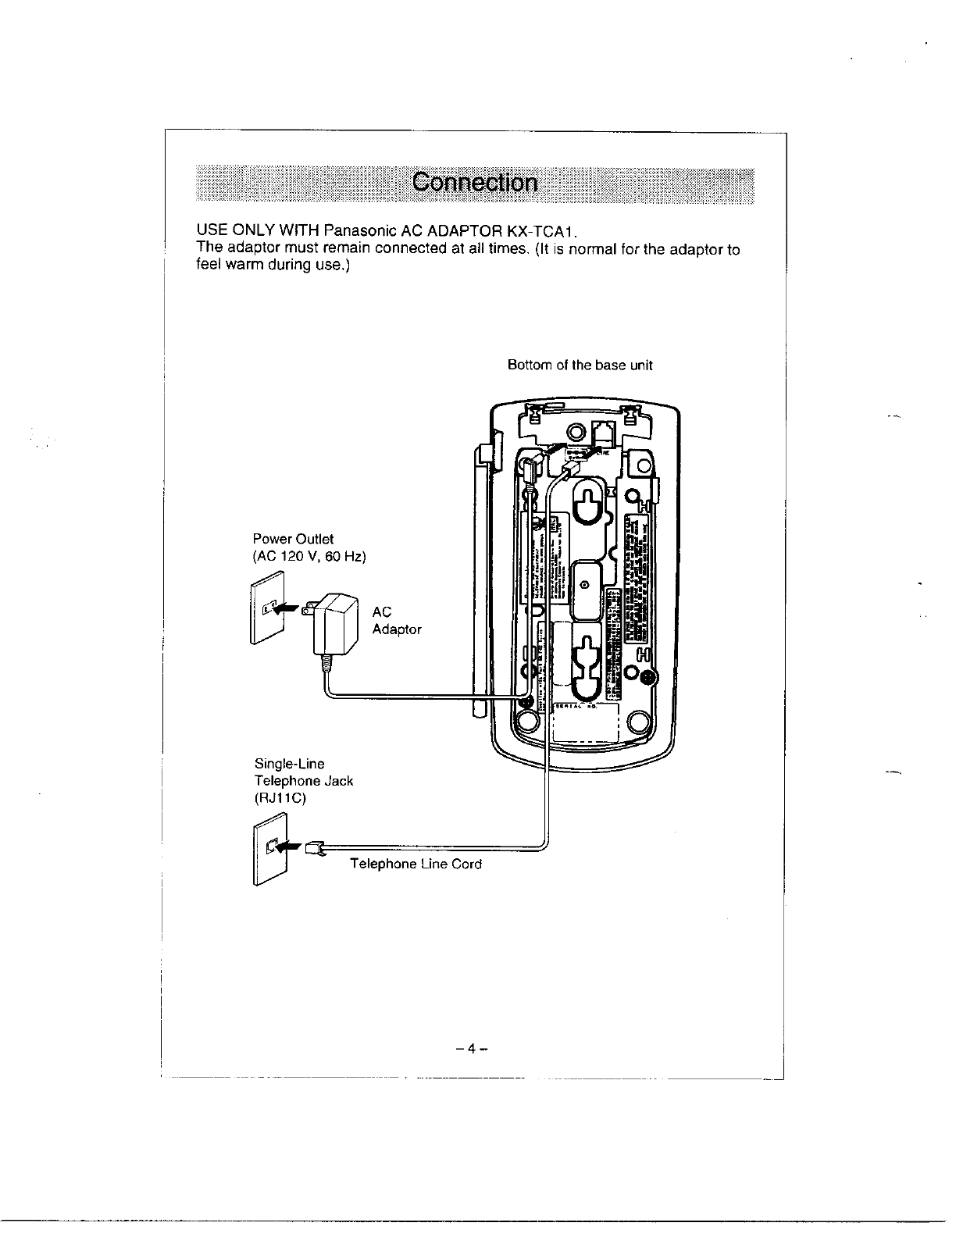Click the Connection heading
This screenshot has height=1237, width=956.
[475, 184]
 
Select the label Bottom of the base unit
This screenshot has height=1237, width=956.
[580, 365]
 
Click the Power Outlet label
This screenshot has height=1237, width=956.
[293, 539]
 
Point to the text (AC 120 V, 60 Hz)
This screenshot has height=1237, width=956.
[309, 557]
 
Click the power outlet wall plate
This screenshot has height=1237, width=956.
[265, 608]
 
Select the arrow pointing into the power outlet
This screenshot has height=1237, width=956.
[287, 607]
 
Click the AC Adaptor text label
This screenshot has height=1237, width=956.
[397, 621]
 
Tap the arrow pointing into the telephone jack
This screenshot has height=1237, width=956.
[288, 846]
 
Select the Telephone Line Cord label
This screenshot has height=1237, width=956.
[416, 864]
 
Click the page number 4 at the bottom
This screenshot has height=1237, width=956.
[471, 1049]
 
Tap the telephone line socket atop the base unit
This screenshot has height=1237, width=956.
[605, 432]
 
